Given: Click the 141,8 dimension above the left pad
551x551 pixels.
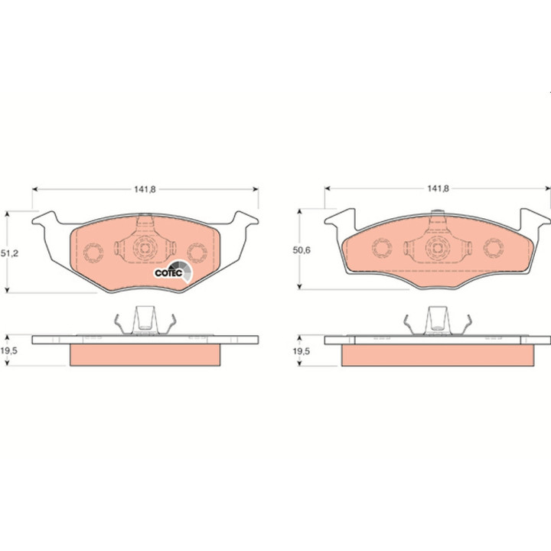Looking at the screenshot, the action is pos(145,190).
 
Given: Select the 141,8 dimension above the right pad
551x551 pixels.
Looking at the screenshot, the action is pos(438,189).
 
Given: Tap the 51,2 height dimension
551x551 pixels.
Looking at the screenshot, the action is pos(9,253).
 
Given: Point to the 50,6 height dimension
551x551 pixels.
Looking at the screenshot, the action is pos(302,250).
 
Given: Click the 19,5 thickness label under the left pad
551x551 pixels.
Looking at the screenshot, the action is pos(8,350).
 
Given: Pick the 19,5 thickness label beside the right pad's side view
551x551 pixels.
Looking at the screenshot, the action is pos(302,351).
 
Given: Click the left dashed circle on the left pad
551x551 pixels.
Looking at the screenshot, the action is pos(93,253).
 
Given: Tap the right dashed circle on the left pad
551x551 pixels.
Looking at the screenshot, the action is pos(197,253).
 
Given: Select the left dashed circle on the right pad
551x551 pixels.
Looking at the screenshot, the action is pos(382,248).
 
